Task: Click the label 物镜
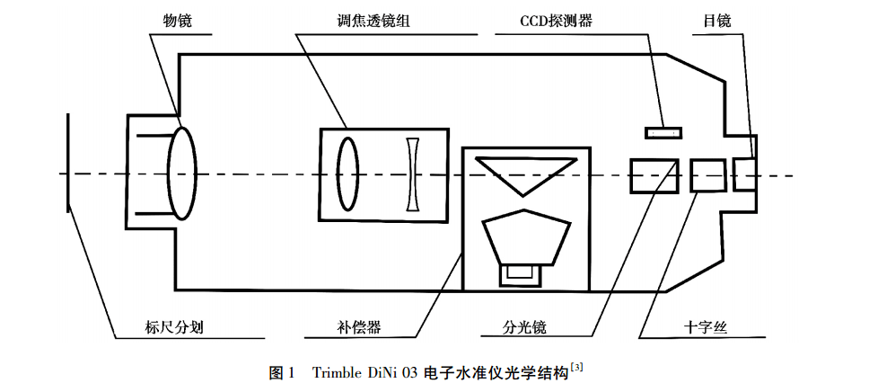pos(168,19)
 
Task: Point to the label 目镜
pos(717,19)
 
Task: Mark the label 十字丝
pos(706,326)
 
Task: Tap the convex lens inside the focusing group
pos(347,173)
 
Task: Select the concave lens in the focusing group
pos(413,173)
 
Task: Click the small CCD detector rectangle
pos(663,134)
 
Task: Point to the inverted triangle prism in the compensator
pos(525,173)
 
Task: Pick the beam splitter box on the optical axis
pos(654,174)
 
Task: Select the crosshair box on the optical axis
pos(707,174)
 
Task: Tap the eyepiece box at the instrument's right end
pos(744,174)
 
